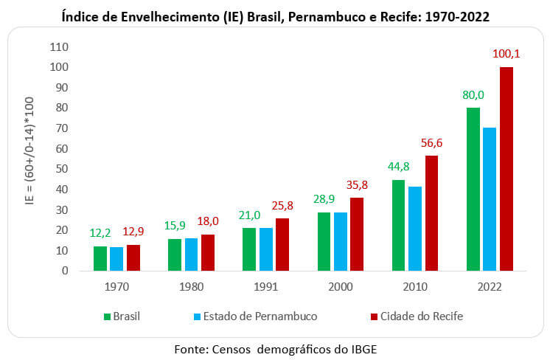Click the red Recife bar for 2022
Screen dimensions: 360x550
pos(506,169)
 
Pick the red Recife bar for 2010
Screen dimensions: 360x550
pos(431,213)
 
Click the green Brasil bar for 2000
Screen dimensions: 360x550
pos(324,241)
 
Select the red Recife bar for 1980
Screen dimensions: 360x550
pos(207,252)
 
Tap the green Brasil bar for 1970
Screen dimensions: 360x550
pos(100,258)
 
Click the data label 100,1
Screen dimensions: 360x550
pos(506,54)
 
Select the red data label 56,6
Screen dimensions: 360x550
pos(431,143)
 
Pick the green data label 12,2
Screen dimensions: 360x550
pos(100,233)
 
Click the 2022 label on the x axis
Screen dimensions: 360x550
pos(489,284)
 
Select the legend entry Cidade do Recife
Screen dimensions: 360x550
pos(417,316)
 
